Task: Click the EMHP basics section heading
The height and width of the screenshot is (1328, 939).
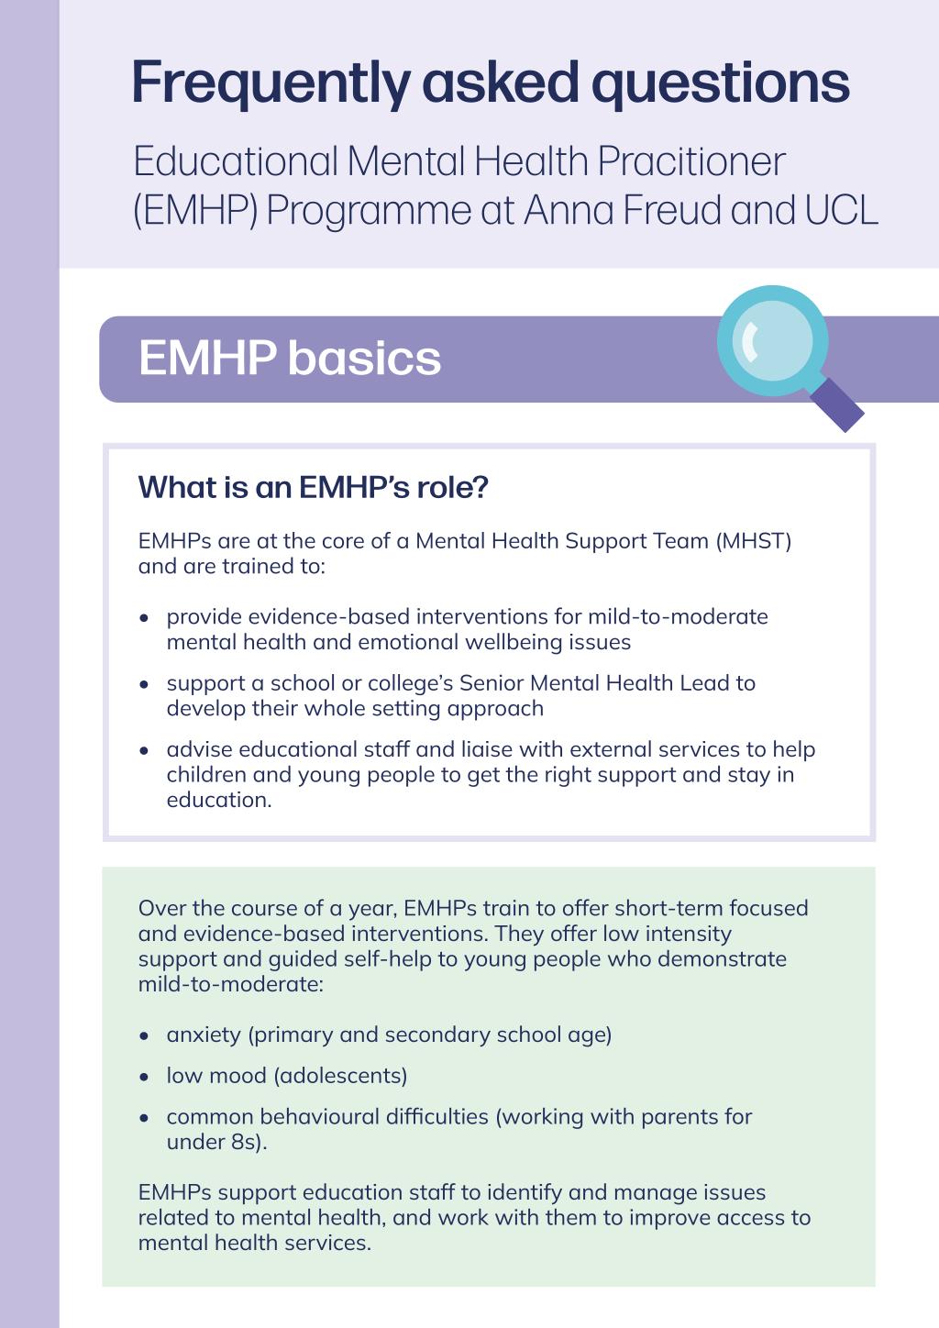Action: (290, 358)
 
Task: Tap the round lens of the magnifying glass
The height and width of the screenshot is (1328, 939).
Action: (772, 341)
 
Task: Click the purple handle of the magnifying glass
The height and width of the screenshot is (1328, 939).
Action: (837, 404)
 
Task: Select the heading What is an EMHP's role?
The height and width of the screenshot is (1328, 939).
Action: (313, 487)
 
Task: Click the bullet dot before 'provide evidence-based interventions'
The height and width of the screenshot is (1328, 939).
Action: (144, 618)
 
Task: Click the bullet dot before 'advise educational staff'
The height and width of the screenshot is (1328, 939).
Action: (144, 751)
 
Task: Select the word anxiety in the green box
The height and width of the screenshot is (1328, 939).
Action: (204, 1035)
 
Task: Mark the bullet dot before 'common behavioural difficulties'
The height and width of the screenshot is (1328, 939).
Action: (144, 1118)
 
